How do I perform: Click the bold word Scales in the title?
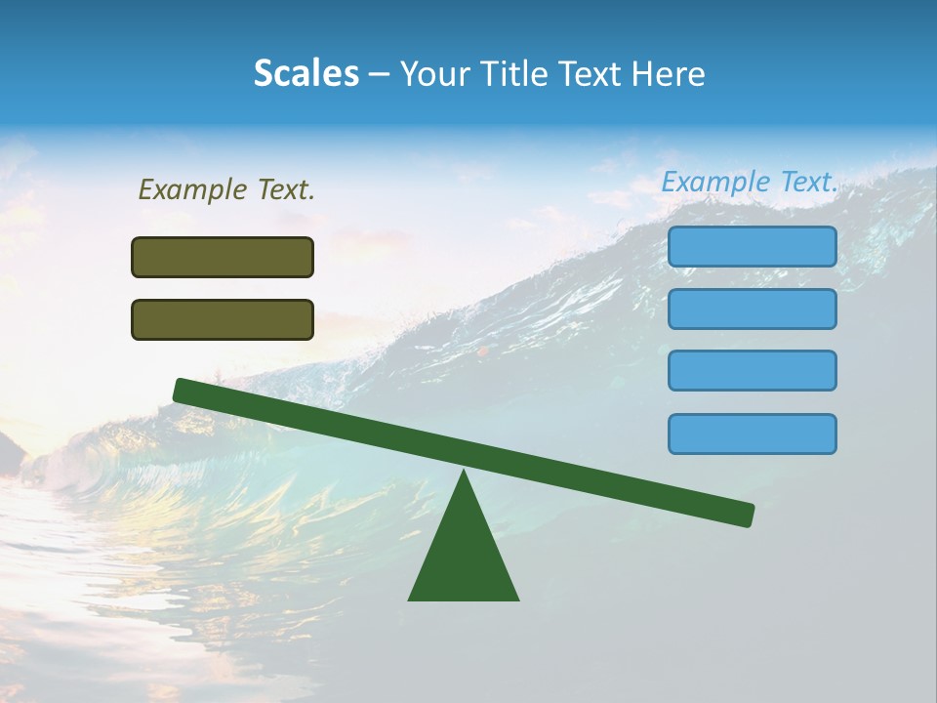[306, 74]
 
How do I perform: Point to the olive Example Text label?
[226, 189]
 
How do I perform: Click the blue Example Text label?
[750, 182]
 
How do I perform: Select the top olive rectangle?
[223, 257]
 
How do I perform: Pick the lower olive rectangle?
[223, 319]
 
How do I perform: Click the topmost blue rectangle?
[753, 246]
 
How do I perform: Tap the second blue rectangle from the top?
[753, 309]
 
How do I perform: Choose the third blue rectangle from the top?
[753, 370]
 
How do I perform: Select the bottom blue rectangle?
[753, 434]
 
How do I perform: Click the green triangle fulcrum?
[464, 557]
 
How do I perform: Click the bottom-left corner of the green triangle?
[410, 599]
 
